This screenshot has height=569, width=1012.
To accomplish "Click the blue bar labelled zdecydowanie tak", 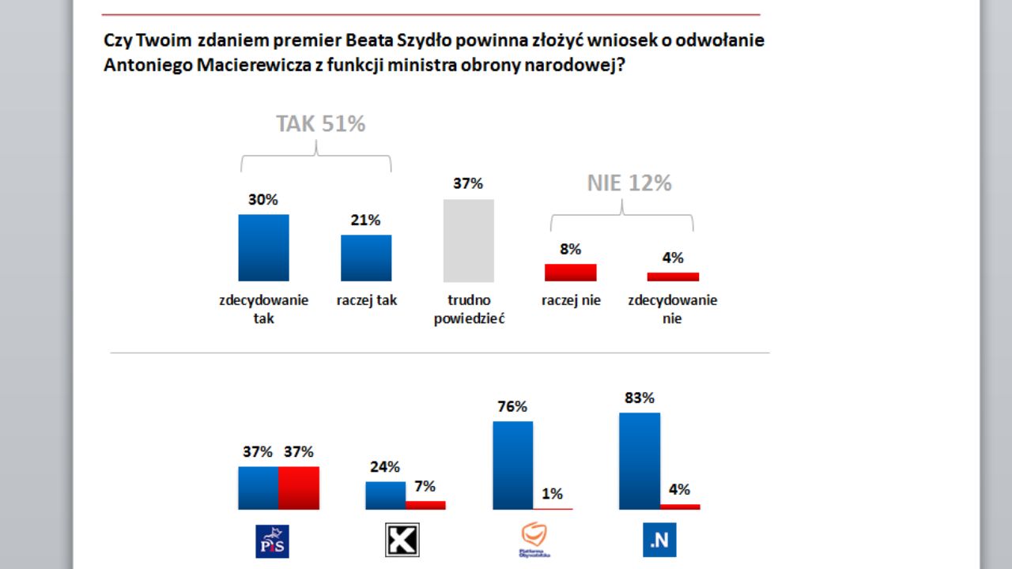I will click(x=263, y=247).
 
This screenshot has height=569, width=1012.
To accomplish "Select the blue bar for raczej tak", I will click(x=366, y=258).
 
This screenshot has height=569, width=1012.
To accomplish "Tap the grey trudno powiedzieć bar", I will click(x=468, y=240).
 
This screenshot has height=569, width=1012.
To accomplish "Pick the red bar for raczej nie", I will click(x=570, y=273).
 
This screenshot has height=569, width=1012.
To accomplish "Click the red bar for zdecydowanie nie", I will click(x=673, y=277).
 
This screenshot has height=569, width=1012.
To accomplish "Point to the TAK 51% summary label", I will click(x=320, y=124).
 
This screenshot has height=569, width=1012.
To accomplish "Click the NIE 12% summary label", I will click(x=629, y=183).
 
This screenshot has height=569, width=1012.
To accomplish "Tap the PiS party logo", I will click(x=271, y=541).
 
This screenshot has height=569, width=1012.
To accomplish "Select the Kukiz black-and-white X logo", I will click(x=402, y=541).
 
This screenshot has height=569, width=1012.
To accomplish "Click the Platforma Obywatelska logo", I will click(x=534, y=541).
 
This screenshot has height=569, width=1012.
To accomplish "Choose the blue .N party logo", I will click(x=659, y=541).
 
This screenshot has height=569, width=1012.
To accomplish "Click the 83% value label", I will click(x=639, y=398).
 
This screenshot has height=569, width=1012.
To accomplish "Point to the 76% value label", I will click(x=512, y=407).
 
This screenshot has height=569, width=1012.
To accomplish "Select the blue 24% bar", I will click(x=385, y=496).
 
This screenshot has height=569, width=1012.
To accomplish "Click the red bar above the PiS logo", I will click(x=299, y=488).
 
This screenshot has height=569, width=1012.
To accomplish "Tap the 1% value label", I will click(x=552, y=494).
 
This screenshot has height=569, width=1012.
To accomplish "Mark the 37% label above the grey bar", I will click(x=468, y=184).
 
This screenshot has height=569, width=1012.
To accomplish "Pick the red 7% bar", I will click(x=425, y=505).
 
